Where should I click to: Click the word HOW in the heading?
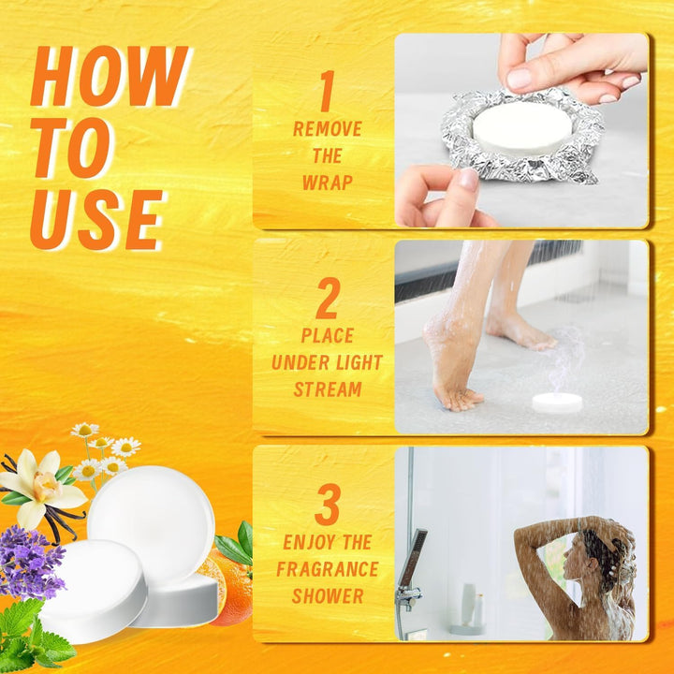[x=109, y=78]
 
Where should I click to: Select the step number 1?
[x=327, y=93]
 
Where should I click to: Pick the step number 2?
[x=327, y=301]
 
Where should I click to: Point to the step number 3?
[x=327, y=506]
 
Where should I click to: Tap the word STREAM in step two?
[x=327, y=389]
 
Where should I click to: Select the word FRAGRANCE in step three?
[x=327, y=569]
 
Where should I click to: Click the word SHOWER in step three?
[x=327, y=596]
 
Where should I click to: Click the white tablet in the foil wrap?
[x=520, y=127]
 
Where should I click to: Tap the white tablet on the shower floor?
[x=557, y=403]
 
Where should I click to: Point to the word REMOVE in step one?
[x=327, y=129]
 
